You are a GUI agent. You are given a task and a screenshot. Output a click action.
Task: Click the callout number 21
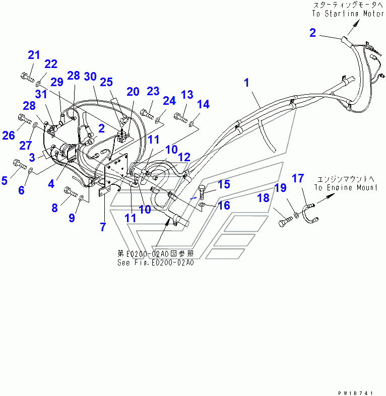33,55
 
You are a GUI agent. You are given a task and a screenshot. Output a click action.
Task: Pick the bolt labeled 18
285,221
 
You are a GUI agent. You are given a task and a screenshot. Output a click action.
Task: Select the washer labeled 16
202,205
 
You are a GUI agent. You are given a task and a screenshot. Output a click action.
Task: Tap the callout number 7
103,227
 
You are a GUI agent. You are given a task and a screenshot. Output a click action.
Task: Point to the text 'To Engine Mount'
346,188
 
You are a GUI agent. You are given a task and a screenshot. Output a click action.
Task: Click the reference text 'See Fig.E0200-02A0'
155,262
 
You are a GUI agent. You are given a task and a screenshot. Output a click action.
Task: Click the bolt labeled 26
24,119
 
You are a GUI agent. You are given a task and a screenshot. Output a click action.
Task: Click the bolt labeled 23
147,111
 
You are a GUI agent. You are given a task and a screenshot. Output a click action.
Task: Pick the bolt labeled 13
179,117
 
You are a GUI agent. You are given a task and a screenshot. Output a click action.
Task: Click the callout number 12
184,157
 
